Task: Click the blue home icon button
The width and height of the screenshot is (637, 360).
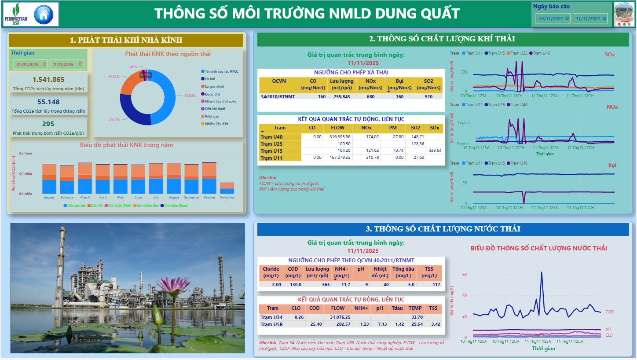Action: click(43, 15)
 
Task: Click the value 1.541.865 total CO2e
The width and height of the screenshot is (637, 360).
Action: click(48, 80)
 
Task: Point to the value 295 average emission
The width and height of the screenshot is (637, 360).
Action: click(48, 124)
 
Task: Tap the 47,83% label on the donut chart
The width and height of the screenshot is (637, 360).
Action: click(190, 96)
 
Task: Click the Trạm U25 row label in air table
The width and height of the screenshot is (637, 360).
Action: click(271, 144)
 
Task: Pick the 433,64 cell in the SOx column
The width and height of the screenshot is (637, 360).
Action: click(435, 151)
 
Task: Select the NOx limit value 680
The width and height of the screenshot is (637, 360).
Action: click(370, 96)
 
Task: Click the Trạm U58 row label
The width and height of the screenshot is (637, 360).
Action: click(271, 324)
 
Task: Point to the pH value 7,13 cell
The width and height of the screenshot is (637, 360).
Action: click(379, 324)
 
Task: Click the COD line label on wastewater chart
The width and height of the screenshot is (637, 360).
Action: click(609, 312)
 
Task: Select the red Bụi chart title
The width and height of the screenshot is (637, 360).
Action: click(612, 165)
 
